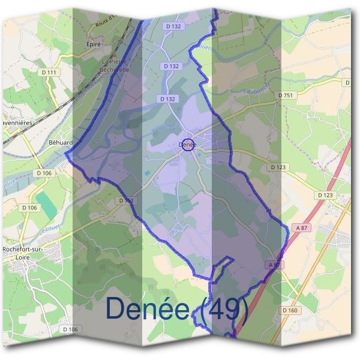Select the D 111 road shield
(x=51, y=73)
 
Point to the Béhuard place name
(x=60, y=143)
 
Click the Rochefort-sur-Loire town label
(x=21, y=253)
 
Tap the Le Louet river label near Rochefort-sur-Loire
(x=50, y=229)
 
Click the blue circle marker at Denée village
(x=187, y=145)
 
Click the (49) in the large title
(x=224, y=308)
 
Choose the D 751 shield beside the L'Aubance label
(x=285, y=95)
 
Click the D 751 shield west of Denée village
(x=125, y=200)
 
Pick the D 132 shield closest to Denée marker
(x=169, y=98)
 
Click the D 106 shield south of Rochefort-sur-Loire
(x=70, y=329)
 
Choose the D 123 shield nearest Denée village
(x=278, y=167)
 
